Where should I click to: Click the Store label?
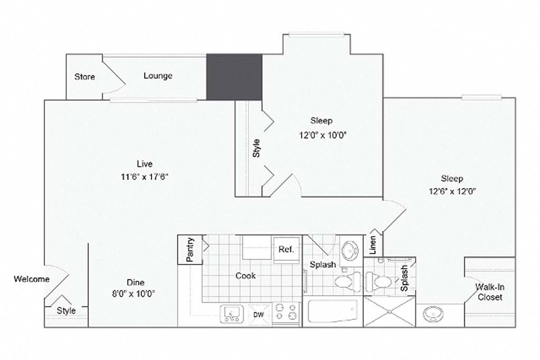(84, 77)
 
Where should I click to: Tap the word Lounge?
(158, 76)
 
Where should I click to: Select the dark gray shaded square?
(234, 77)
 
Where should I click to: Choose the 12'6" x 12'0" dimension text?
(452, 192)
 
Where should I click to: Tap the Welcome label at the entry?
(32, 279)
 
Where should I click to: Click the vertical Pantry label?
(190, 250)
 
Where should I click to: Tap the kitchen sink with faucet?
(231, 315)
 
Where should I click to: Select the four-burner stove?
(285, 314)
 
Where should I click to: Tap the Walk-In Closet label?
(489, 292)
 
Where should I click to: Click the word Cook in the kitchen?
(245, 276)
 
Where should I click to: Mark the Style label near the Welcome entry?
(66, 310)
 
